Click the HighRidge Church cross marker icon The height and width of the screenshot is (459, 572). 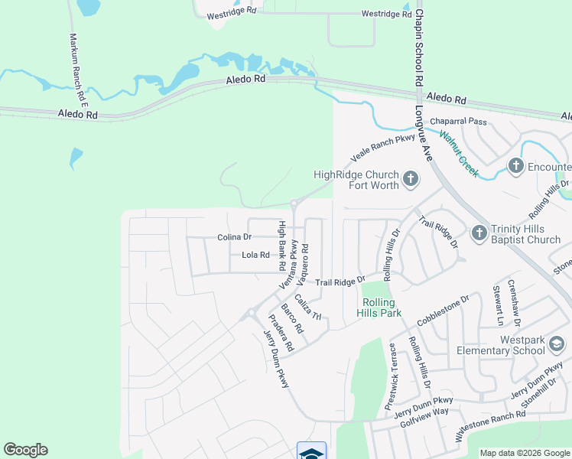pos(411,180)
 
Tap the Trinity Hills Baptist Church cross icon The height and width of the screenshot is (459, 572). pos(479,233)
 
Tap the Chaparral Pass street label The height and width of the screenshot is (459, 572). pos(458,122)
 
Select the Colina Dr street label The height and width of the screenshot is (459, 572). pos(234,237)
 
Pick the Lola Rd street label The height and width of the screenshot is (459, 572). pos(255,256)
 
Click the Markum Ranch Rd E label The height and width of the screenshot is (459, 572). pos(79,70)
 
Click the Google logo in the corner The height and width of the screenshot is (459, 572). pos(26,450)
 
